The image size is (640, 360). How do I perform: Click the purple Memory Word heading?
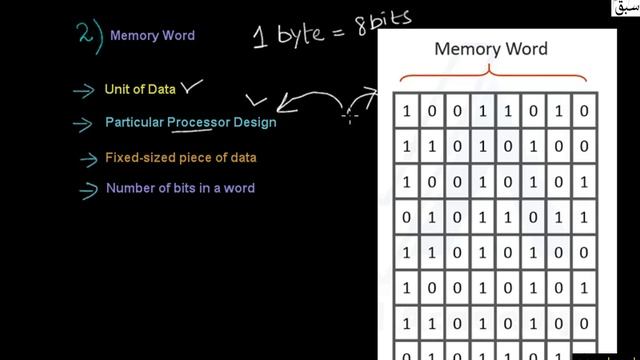[152, 36]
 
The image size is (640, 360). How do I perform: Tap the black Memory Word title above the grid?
[490, 48]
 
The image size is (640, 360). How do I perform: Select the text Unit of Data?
[140, 90]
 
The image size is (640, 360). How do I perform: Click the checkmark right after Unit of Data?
[191, 89]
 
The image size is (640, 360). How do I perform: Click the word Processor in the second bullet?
[202, 123]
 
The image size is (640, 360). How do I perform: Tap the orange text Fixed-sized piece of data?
[173, 157]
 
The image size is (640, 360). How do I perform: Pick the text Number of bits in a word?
[180, 189]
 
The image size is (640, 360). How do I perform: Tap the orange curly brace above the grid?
[490, 74]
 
